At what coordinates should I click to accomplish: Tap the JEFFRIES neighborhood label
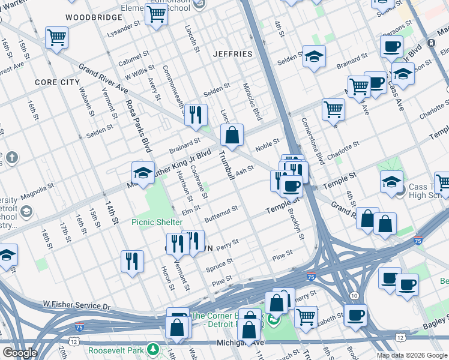point(233,54)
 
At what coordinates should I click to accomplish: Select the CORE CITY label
point(57,82)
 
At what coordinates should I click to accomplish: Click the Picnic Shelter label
point(157,222)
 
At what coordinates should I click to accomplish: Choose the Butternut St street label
point(221,211)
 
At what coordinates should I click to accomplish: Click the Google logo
point(20,353)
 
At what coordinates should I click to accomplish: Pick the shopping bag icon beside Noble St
point(232,136)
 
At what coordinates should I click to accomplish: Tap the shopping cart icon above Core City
point(56,38)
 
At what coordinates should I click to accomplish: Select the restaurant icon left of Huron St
point(132,262)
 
